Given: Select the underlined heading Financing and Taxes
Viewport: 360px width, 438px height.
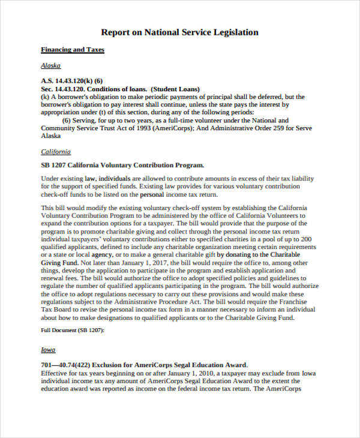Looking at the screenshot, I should point(72,50).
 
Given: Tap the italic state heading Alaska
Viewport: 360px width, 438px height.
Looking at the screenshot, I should point(50,65).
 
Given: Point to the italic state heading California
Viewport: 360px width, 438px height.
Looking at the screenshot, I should point(55,152).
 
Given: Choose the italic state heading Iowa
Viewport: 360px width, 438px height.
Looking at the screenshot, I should point(48,350).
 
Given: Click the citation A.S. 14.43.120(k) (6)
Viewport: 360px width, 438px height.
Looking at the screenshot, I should point(71,80).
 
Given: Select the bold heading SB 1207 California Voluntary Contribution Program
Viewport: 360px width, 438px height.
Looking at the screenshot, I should point(122,164).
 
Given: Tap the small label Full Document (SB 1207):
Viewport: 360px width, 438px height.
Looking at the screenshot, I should point(73,331).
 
